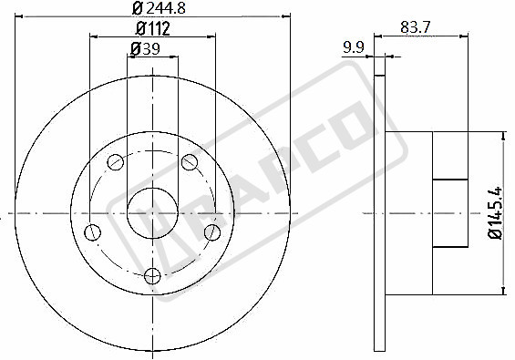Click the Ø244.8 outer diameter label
point(159,8)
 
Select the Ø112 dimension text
point(153,28)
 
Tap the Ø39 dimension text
point(145,49)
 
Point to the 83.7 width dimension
point(415,27)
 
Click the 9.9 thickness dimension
point(354,48)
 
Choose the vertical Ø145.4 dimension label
point(495,213)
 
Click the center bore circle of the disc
point(152,213)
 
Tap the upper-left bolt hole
point(115,162)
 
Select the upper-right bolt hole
point(190,162)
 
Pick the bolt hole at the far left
point(93,232)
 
